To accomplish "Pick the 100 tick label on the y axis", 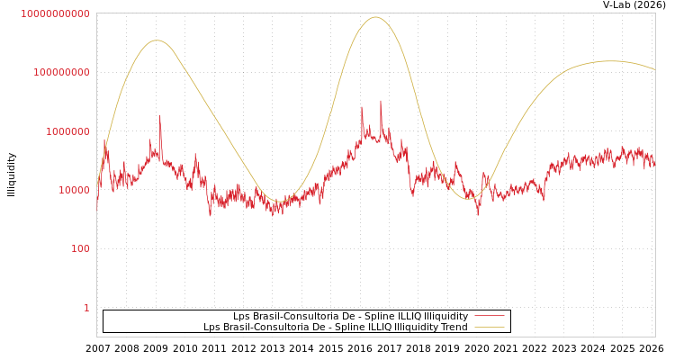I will tap(80, 248).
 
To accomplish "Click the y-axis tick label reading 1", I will tap(86, 308).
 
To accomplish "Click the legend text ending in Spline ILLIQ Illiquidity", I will tap(350, 316).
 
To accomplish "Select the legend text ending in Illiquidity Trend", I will tap(335, 327).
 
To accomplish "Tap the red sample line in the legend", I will tap(489, 316).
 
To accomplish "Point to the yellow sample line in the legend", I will tap(489, 327).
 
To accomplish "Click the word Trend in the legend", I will tap(454, 327).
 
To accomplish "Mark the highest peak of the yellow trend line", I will tap(375, 17).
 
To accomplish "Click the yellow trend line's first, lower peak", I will tap(157, 40).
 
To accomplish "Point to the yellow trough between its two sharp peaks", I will tap(276, 202).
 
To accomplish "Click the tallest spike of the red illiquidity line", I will tap(380, 101).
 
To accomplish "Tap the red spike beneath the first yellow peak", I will tap(160, 115).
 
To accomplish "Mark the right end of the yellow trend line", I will tap(654, 69).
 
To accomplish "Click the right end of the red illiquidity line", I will tap(654, 165).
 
